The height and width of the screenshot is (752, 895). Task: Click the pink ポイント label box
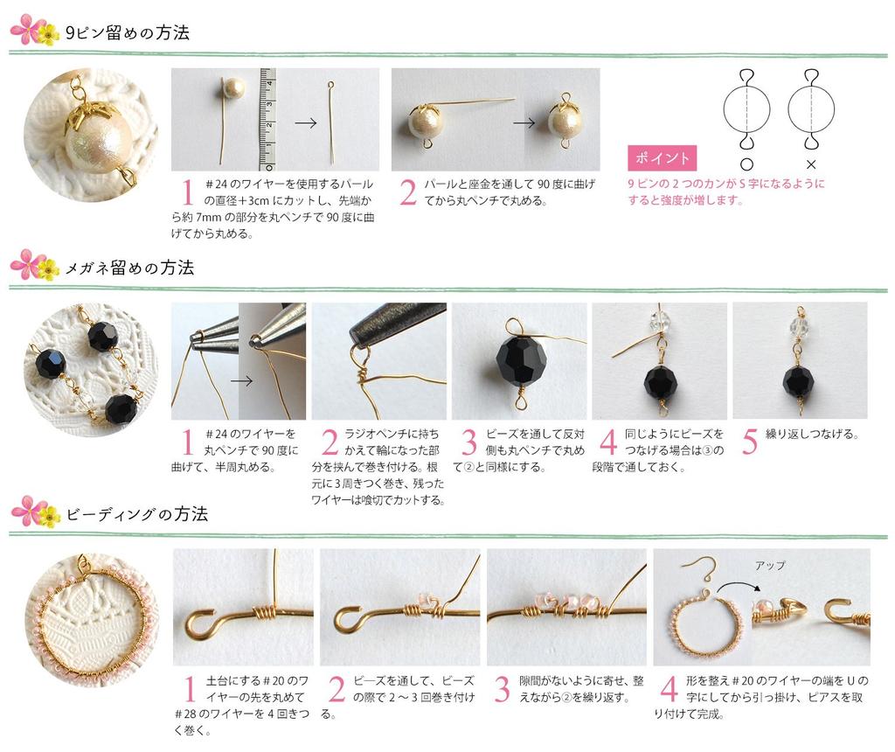tap(663, 158)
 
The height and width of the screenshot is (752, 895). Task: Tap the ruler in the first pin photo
tap(267, 119)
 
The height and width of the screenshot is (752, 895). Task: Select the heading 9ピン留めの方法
tap(127, 33)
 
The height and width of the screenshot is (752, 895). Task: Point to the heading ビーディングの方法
tap(136, 514)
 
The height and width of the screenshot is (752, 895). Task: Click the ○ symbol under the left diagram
tap(746, 164)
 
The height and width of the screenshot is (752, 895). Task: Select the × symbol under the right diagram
tap(810, 164)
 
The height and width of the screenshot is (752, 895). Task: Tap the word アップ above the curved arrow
tap(769, 566)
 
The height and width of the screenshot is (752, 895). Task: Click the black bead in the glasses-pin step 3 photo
tap(522, 361)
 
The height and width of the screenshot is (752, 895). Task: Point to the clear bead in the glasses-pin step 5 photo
tap(799, 325)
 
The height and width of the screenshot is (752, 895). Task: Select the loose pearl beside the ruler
tap(232, 90)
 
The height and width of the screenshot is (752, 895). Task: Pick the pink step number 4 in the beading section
tap(669, 690)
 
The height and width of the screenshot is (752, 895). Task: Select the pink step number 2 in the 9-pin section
tap(408, 192)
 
